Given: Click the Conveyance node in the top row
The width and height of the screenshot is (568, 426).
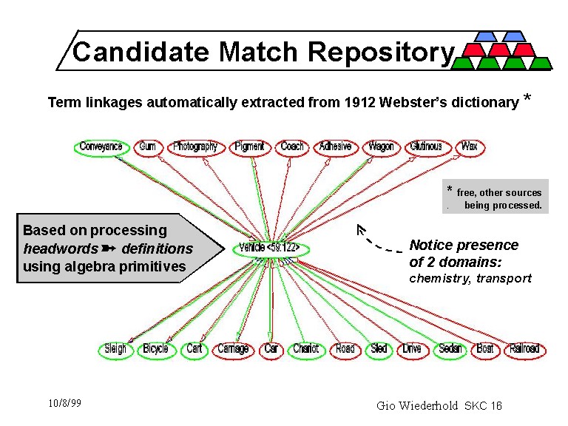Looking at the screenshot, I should pos(101,146).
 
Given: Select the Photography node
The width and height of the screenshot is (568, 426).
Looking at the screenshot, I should pos(195,146).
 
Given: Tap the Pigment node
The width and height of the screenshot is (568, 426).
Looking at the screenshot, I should pos(249,146).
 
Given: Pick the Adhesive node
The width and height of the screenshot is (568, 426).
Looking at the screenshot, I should pos(335,146).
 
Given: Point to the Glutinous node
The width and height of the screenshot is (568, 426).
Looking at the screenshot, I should pos(425,146).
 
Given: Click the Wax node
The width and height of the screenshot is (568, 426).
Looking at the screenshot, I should pos(469,146).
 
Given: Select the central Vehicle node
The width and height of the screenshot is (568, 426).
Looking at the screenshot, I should pos(270,248).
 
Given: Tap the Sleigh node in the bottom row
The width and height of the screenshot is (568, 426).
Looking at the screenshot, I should pos(115,348).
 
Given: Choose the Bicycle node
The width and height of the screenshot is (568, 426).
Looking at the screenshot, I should pos(155,348).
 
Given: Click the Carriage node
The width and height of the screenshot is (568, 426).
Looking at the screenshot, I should pos(233,348).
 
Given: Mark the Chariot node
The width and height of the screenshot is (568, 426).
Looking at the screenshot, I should pos(305,348).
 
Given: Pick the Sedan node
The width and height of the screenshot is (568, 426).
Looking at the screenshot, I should pos(450,348).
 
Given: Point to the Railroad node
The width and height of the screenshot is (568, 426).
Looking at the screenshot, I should pos(524,348).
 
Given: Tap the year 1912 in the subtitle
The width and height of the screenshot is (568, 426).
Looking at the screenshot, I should pos(359,103).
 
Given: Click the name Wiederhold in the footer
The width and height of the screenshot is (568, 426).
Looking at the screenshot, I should pos(433,405).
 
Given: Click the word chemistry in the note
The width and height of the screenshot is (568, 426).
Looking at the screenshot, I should pos(440,278).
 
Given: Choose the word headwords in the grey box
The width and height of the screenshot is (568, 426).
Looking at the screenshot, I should pos(59,248).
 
